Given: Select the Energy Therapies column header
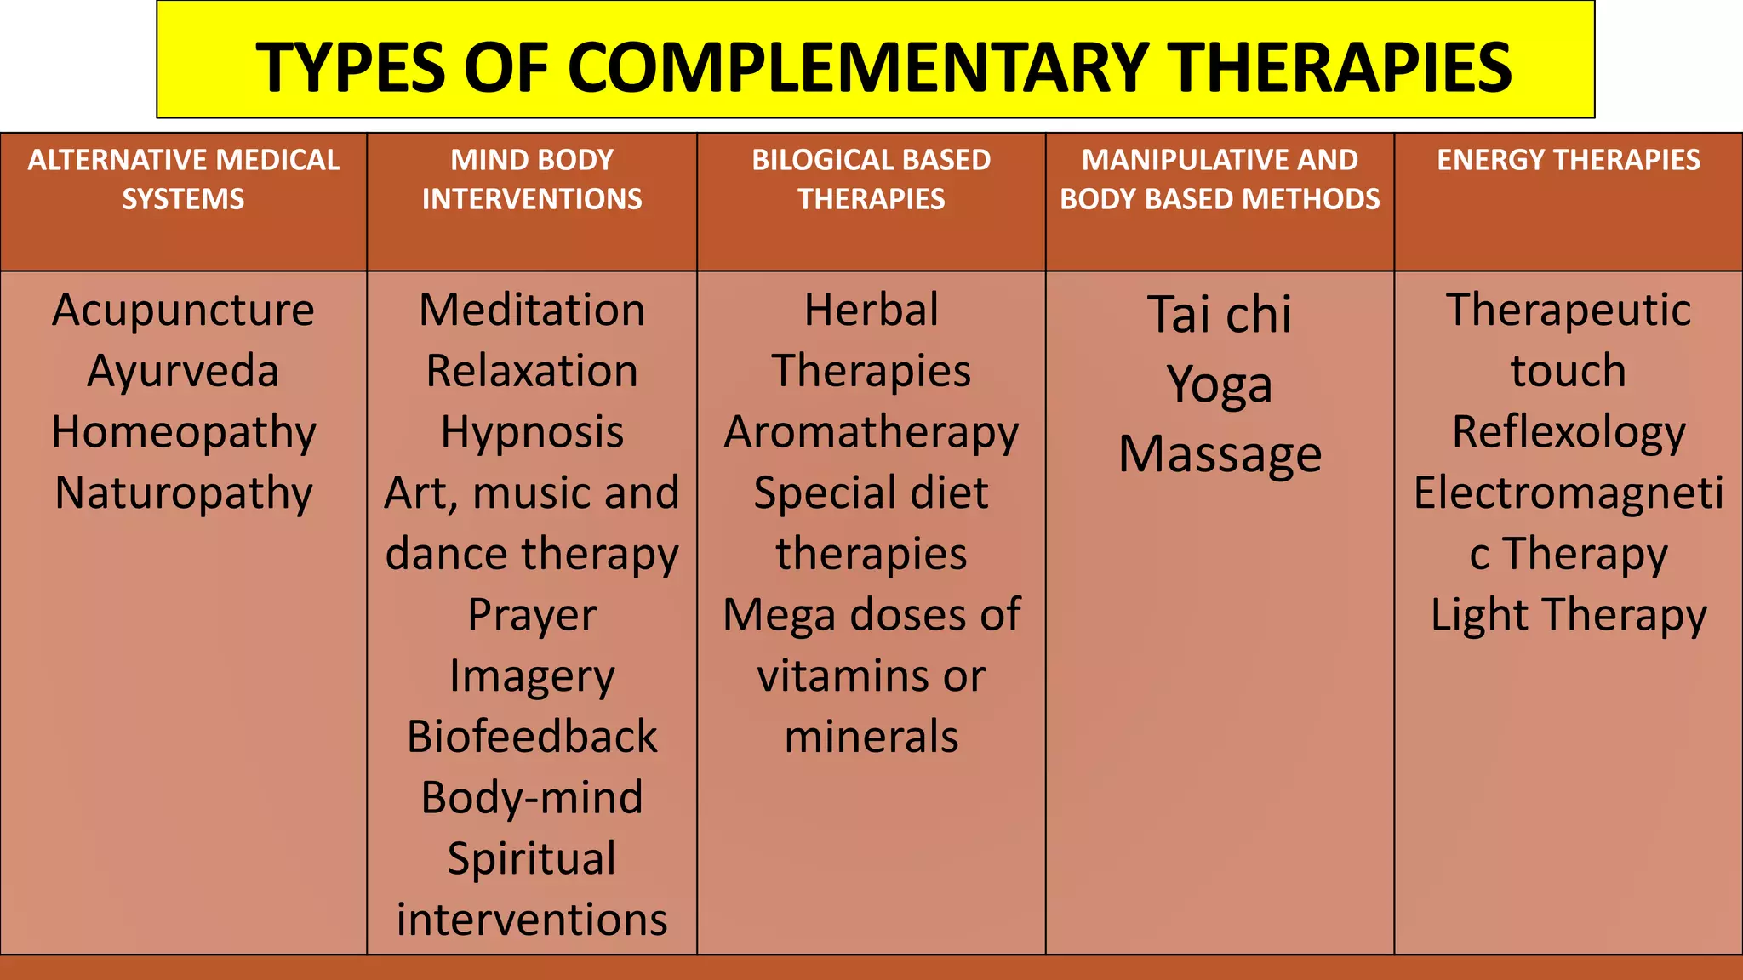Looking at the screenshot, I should click(1569, 160).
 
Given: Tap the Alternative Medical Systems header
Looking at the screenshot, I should click(183, 179).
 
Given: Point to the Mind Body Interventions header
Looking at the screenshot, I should click(532, 179).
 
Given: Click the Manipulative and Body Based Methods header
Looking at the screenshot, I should click(1220, 179).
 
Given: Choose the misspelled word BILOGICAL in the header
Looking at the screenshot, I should click(809, 160).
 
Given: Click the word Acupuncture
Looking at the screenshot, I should click(183, 310).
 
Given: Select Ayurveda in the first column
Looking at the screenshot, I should click(183, 371).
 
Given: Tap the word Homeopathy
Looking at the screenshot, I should click(183, 432).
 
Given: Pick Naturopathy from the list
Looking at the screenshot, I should click(183, 493).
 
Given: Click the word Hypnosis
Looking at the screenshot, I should click(532, 432).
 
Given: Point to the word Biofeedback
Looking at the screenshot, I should click(532, 737).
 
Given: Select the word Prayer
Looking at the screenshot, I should click(532, 614).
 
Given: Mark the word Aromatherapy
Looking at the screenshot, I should click(871, 432).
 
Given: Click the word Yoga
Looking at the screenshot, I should click(1220, 385).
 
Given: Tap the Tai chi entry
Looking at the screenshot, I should click(1220, 315).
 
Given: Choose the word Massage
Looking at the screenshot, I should click(1220, 454).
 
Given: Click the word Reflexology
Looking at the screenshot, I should click(1569, 432).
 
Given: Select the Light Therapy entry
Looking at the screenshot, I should click(1569, 614).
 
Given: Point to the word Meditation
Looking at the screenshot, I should click(532, 310).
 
